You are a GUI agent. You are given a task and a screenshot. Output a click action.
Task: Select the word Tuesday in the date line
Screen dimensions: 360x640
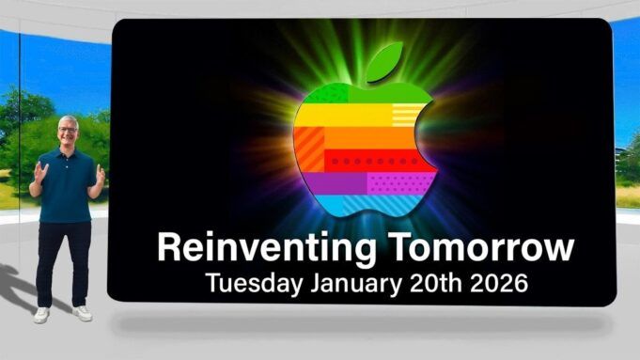click(247, 282)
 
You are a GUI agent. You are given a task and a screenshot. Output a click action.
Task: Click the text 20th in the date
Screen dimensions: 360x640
click(429, 282)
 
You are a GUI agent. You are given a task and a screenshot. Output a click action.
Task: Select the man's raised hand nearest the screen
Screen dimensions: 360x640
click(100, 174)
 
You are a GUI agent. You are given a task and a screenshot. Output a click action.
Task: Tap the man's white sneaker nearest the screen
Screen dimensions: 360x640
click(83, 313)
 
